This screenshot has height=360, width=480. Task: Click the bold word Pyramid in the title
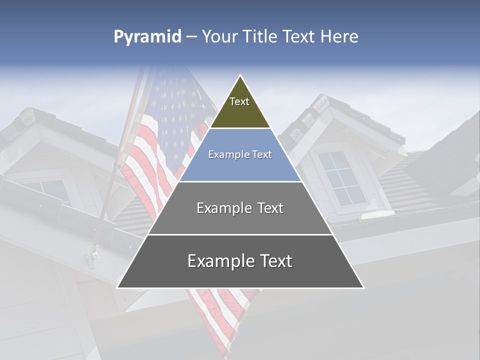(147, 37)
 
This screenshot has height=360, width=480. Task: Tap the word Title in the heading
(260, 37)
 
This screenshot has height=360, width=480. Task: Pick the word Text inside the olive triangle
(239, 101)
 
